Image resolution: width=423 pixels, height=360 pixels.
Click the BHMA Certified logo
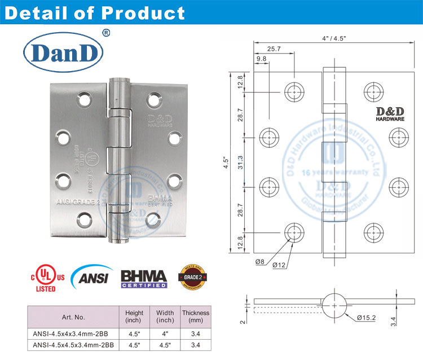[144, 278]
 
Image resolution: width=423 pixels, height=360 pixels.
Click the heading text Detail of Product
[94, 13]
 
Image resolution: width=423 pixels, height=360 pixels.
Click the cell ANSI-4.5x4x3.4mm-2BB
[73, 334]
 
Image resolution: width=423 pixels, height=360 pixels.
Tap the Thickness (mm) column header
[195, 317]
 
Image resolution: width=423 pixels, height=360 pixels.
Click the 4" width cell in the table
[165, 334]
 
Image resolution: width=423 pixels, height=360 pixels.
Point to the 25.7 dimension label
[275, 50]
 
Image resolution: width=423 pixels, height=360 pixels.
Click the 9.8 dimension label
[261, 59]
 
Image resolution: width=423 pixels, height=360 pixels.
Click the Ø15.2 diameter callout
[367, 318]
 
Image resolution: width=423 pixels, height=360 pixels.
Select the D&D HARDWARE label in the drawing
[389, 114]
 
